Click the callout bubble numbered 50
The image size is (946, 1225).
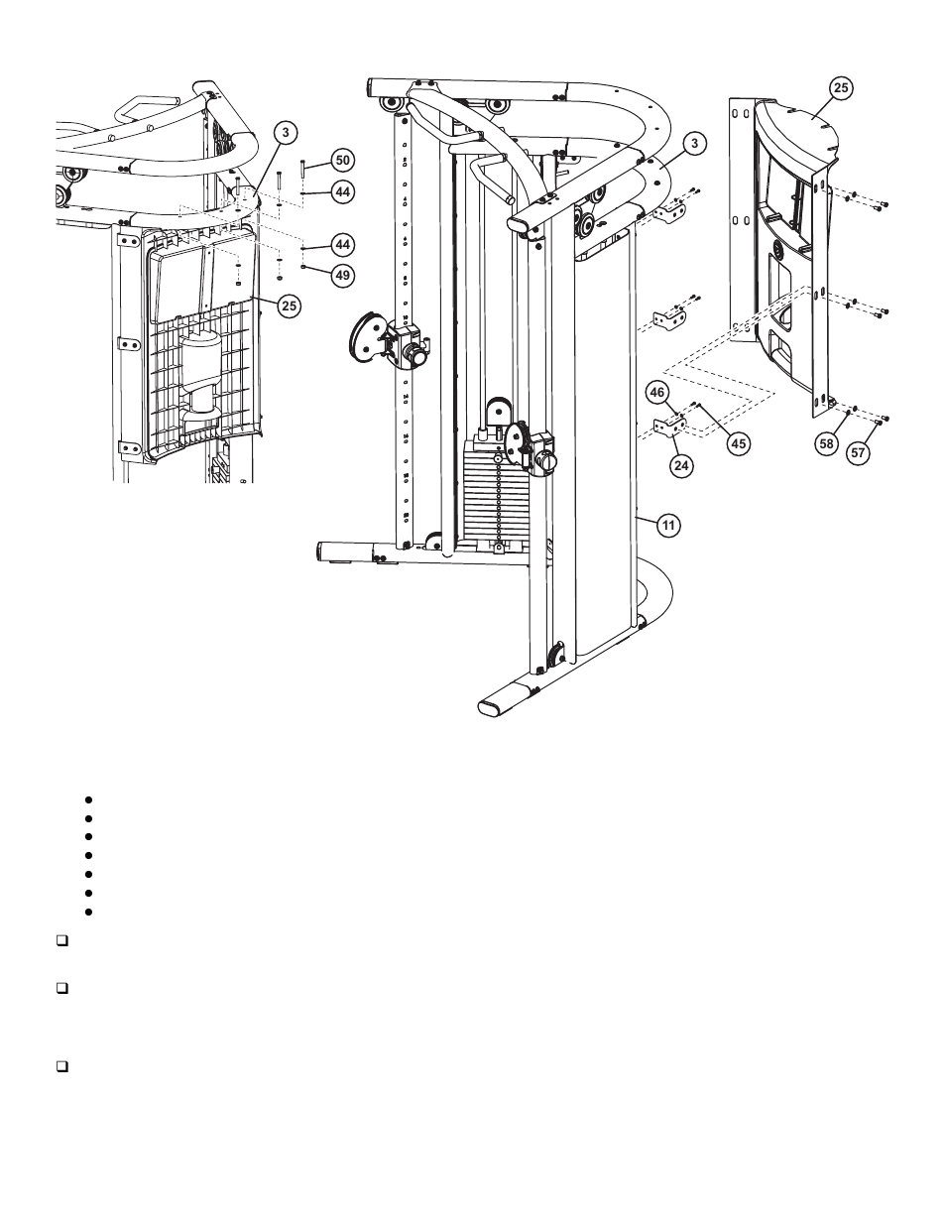tap(342, 160)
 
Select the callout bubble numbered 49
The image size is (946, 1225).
tap(342, 275)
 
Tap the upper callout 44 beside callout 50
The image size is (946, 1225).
tap(342, 191)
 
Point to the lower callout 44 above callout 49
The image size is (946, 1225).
tap(342, 244)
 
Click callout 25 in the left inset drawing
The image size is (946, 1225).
tap(288, 306)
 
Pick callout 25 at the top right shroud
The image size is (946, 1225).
tap(840, 88)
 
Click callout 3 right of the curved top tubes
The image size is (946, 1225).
tap(696, 144)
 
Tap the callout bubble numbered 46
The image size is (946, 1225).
tap(655, 393)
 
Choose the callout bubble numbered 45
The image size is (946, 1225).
tap(738, 444)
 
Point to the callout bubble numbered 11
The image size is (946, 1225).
tap(668, 526)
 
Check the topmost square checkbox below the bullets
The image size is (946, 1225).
tap(61, 938)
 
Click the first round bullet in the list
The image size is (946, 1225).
tap(88, 798)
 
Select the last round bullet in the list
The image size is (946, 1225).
tap(88, 911)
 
